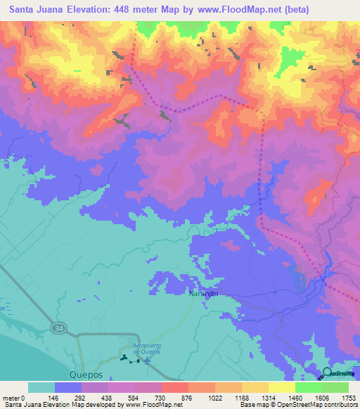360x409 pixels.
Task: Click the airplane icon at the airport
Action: (x=146, y=361)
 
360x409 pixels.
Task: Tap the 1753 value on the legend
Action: (x=347, y=397)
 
